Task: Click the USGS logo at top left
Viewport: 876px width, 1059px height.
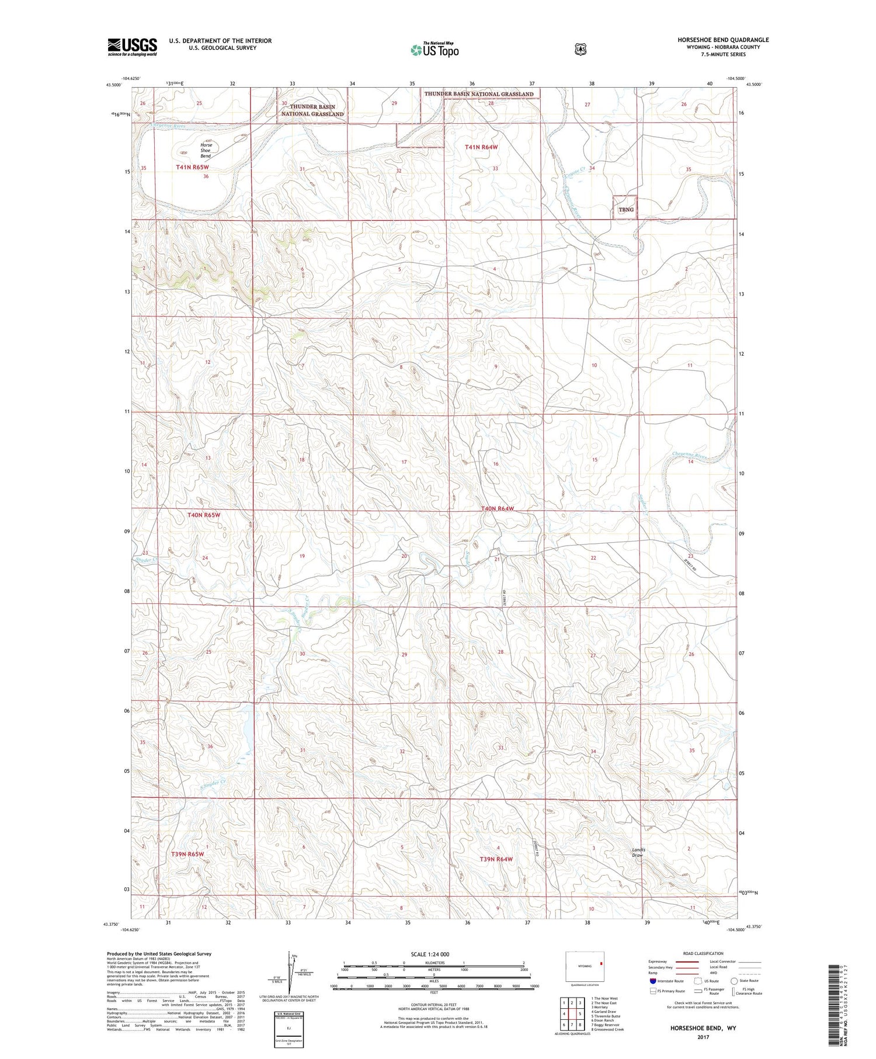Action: coord(132,47)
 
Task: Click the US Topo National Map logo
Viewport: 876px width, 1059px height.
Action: coord(434,50)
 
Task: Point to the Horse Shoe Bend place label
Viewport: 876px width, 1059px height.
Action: coord(206,151)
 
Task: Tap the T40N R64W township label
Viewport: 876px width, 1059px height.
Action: coord(498,509)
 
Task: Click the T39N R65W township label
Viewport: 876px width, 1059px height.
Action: coord(188,854)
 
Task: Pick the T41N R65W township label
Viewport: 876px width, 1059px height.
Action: coord(192,168)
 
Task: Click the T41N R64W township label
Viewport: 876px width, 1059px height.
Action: coord(481,147)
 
